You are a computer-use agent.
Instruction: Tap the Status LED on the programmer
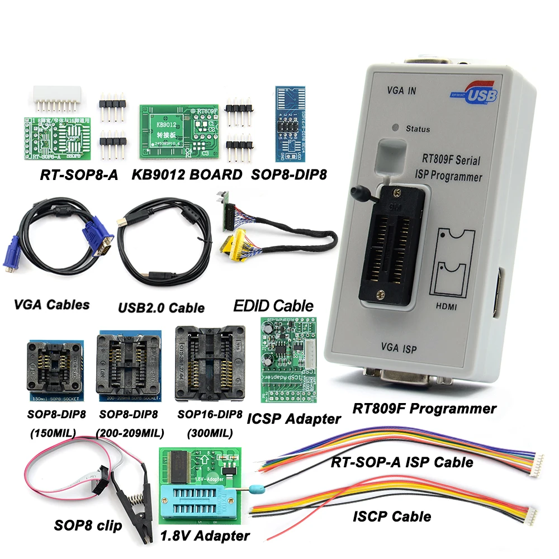tap(396, 127)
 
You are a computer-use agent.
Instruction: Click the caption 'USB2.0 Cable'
tap(161, 307)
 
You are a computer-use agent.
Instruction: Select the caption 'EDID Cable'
tap(273, 306)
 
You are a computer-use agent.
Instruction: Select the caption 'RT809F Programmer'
tap(424, 409)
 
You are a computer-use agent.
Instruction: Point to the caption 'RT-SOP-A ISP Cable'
tap(402, 462)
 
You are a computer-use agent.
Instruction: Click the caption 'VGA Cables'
tap(51, 305)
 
